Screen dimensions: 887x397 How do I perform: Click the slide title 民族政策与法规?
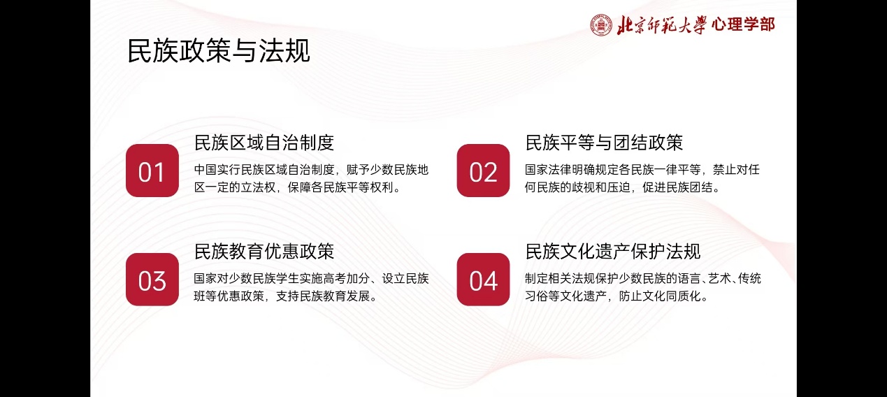click(x=218, y=50)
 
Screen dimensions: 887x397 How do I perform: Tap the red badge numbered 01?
click(x=152, y=171)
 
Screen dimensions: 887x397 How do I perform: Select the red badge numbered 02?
click(x=483, y=171)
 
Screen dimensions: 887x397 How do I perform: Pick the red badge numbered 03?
click(x=152, y=280)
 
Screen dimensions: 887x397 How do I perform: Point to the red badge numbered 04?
click(x=483, y=280)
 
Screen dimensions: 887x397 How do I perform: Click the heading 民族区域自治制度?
click(x=264, y=143)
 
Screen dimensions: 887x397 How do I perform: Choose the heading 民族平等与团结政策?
click(x=604, y=143)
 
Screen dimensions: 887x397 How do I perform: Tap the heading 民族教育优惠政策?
click(x=264, y=252)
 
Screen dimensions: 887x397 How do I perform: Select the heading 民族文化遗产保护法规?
click(x=612, y=252)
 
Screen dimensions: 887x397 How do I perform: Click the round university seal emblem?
click(x=601, y=25)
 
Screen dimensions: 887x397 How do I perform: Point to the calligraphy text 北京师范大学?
click(x=661, y=25)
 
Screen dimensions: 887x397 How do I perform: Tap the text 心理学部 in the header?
click(x=743, y=24)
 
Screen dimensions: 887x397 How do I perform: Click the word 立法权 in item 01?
click(x=258, y=187)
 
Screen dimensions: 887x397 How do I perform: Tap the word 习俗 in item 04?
click(x=537, y=296)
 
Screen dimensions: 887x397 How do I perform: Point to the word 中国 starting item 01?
click(x=205, y=170)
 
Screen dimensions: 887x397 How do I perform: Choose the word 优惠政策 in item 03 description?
click(x=240, y=296)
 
